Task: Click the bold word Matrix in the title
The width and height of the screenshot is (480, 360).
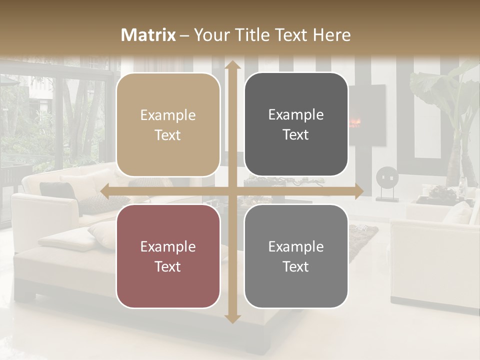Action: click(x=148, y=35)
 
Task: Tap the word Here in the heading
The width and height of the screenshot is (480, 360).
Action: click(x=331, y=35)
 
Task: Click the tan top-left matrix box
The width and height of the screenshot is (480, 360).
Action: click(x=168, y=124)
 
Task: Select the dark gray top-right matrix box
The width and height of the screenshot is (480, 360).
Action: click(x=296, y=124)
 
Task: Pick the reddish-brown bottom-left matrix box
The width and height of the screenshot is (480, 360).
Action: click(x=168, y=256)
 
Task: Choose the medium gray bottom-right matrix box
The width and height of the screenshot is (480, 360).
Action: click(x=296, y=256)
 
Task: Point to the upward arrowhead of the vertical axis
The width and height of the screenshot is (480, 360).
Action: click(x=232, y=65)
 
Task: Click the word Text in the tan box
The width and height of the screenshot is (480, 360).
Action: click(x=168, y=135)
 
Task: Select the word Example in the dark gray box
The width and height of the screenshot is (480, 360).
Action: click(x=296, y=114)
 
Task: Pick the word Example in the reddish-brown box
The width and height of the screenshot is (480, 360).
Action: click(x=168, y=246)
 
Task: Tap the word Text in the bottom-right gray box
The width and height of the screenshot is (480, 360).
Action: click(x=296, y=266)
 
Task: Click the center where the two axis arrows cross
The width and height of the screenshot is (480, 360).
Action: click(x=232, y=191)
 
